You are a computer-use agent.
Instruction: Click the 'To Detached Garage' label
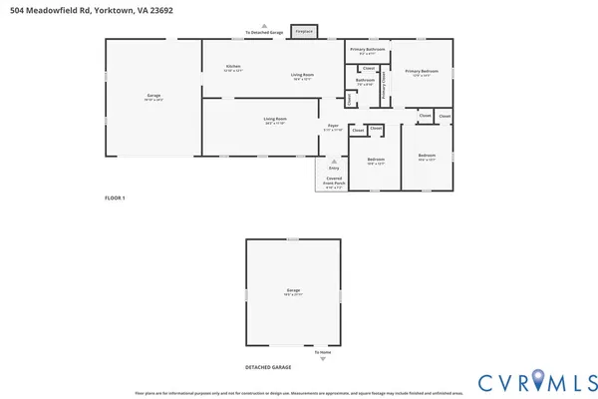click(264, 33)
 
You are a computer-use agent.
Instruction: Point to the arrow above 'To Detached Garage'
click(264, 26)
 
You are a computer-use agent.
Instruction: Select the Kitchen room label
click(232, 67)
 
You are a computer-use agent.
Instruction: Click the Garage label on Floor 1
click(153, 96)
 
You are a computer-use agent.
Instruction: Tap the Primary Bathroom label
click(367, 49)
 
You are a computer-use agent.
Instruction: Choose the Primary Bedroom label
click(422, 71)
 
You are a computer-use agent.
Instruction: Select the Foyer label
click(333, 126)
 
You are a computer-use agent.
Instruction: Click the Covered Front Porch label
click(333, 183)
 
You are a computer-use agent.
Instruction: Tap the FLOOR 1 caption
click(115, 198)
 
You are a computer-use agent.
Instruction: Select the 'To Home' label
click(322, 353)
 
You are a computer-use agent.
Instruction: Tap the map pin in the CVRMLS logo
click(538, 380)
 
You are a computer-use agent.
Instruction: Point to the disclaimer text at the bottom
click(298, 394)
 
